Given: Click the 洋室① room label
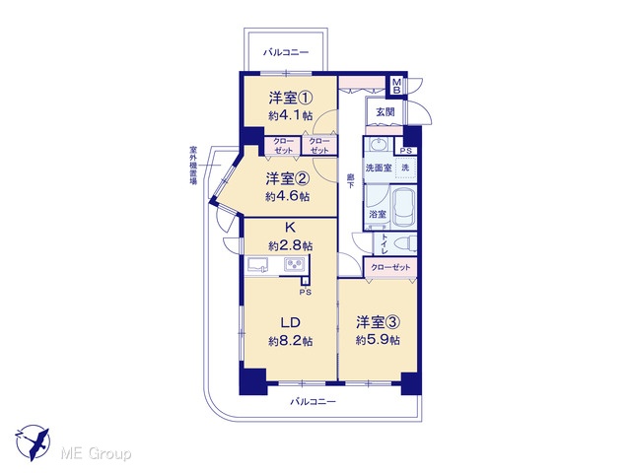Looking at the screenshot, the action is pyautogui.click(x=291, y=99).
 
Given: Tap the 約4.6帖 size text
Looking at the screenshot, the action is pyautogui.click(x=287, y=197).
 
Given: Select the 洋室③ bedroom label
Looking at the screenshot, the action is pyautogui.click(x=378, y=322).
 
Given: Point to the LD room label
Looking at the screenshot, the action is pyautogui.click(x=291, y=322).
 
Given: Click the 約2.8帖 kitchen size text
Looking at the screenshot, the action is pyautogui.click(x=291, y=245).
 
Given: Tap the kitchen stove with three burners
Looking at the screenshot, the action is pyautogui.click(x=295, y=264).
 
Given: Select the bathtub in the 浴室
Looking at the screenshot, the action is pyautogui.click(x=403, y=208).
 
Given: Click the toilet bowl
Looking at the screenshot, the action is pyautogui.click(x=405, y=243).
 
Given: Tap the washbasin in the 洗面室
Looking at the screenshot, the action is pyautogui.click(x=378, y=144).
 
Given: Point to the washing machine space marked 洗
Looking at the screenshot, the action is pyautogui.click(x=405, y=168).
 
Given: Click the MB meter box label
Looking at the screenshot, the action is pyautogui.click(x=396, y=86).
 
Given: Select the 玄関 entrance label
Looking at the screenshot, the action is pyautogui.click(x=386, y=112).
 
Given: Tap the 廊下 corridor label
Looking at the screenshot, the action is pyautogui.click(x=351, y=180).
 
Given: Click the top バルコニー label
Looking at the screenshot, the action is pyautogui.click(x=286, y=52).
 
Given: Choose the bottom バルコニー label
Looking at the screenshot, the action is pyautogui.click(x=313, y=401).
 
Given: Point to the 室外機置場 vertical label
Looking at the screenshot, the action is pyautogui.click(x=193, y=166).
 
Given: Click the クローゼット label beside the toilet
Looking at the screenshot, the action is pyautogui.click(x=390, y=267).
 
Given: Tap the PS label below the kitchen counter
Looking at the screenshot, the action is pyautogui.click(x=305, y=293).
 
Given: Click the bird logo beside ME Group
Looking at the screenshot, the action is pyautogui.click(x=33, y=442).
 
